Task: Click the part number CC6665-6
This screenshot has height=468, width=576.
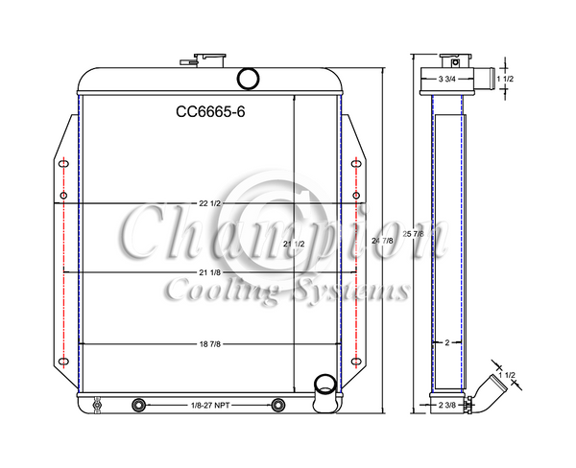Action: click(210, 111)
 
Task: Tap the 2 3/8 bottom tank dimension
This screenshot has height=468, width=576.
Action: click(446, 407)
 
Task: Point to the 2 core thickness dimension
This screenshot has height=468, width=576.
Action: click(446, 342)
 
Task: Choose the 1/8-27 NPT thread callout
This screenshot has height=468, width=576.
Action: click(208, 406)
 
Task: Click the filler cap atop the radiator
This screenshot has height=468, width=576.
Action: click(206, 59)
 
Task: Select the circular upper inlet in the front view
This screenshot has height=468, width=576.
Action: click(248, 78)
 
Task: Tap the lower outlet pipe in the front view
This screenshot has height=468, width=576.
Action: click(325, 388)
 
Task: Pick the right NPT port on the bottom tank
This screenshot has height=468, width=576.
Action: click(278, 405)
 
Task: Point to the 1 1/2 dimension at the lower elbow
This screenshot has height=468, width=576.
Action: click(514, 373)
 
